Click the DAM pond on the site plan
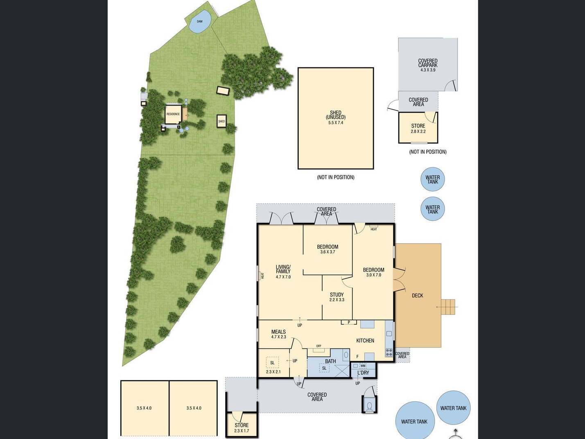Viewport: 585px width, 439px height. [x=200, y=21]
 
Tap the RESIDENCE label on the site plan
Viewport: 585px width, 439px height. [x=173, y=114]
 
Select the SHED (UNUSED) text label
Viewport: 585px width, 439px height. [x=336, y=115]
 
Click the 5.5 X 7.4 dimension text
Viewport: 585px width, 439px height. [x=336, y=123]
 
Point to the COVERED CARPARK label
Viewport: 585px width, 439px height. [x=428, y=63]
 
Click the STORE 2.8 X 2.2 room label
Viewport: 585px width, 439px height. [x=418, y=128]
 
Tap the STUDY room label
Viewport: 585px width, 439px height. [x=337, y=295]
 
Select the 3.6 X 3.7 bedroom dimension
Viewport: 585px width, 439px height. [x=328, y=252]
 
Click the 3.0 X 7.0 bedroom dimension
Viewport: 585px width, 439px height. [x=374, y=275]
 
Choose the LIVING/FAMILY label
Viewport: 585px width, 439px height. [x=283, y=269]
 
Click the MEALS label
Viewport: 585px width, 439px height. [x=278, y=332]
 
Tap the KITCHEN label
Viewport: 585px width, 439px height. [x=365, y=341]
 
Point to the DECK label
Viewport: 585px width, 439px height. [x=418, y=295]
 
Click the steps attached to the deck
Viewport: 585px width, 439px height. [x=448, y=307]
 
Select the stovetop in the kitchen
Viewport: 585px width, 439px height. [x=389, y=352]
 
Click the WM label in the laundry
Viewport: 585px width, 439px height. [x=363, y=366]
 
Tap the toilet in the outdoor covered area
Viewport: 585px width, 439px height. [x=369, y=406]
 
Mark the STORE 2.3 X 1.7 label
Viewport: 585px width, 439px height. [x=242, y=428]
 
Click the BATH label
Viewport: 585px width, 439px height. [x=330, y=361]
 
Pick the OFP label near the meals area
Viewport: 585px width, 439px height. [x=318, y=346]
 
